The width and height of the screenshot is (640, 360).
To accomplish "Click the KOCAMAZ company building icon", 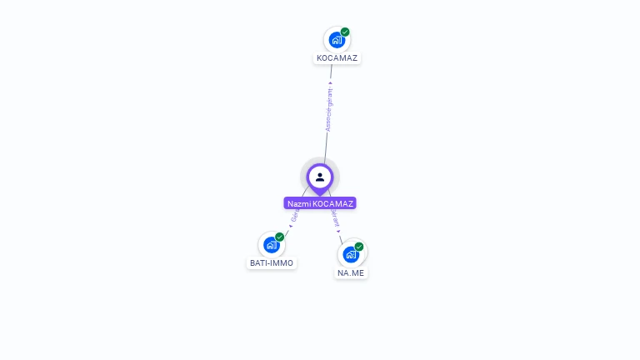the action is pos(336,39).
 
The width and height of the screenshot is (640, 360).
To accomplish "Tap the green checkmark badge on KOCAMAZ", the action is pos(345,32).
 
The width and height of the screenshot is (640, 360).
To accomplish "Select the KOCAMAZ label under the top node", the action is pos(337,58).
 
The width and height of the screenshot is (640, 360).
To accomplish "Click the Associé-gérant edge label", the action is pos(329,109).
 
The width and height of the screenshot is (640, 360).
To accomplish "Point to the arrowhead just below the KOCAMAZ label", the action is pos(331,82).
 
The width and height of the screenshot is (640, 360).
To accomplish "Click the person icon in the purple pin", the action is pos(320,177).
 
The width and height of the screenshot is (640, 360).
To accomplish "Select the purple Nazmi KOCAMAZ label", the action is pos(320,203).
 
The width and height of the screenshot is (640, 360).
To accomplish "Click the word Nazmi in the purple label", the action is pos(299,203).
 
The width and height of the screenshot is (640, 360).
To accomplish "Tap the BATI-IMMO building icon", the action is pos(271,245).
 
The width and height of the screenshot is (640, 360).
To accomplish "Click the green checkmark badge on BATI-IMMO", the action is pos(280,237).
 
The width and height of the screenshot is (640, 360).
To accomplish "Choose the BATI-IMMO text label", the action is pos(272,262).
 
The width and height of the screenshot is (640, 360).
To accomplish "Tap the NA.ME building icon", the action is pos(350,254).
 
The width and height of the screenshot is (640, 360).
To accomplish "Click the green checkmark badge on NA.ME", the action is pos(359,247).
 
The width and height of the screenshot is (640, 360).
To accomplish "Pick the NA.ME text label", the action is pos(351,272).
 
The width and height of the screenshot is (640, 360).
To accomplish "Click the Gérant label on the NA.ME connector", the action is pos(336,218).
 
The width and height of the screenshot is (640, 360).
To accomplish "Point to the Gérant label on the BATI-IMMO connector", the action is pos(295,216).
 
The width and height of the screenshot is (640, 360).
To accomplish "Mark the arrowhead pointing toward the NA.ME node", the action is pos(339,231).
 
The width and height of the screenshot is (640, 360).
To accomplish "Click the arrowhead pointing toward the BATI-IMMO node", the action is pos(290,226).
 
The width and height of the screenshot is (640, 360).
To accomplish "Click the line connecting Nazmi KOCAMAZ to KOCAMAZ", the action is pos(326,142).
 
